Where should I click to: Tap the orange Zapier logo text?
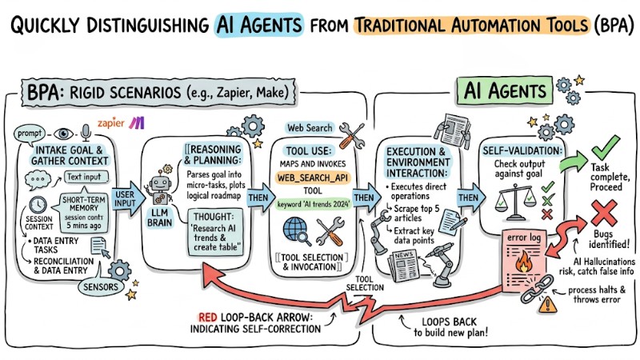[112, 124]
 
